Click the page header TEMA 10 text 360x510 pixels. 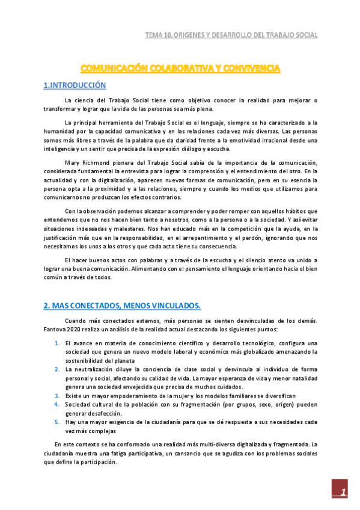231,35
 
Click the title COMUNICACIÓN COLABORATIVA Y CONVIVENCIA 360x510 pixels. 180,69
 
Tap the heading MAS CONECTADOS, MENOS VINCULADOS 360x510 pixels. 121,306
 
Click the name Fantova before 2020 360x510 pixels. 56,330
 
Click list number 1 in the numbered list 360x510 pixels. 56,343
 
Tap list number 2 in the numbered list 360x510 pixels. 56,369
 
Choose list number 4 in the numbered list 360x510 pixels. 56,405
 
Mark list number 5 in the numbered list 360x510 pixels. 56,422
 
